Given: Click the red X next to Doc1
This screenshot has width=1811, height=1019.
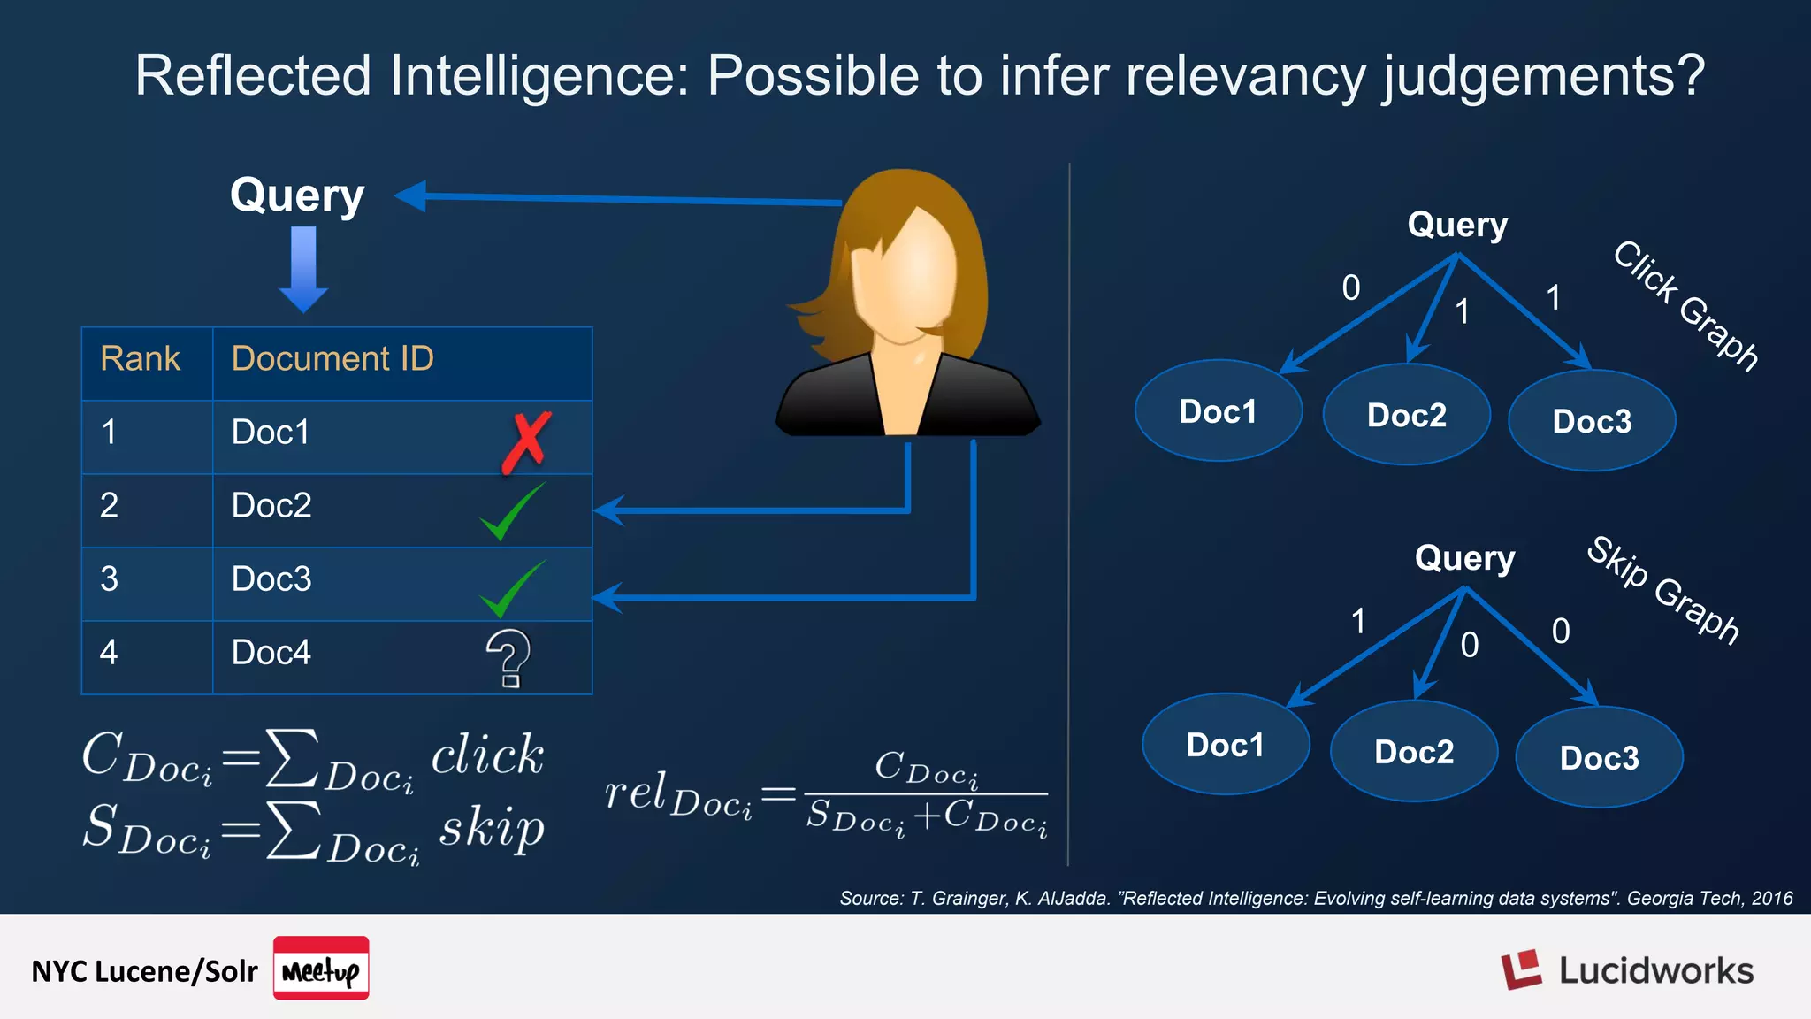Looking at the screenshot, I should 526,441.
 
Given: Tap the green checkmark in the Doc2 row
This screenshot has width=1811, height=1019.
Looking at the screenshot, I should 512,511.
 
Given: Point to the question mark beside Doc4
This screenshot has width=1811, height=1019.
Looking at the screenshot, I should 508,658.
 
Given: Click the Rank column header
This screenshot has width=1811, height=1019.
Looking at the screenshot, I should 140,359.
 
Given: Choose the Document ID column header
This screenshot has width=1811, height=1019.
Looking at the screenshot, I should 332,359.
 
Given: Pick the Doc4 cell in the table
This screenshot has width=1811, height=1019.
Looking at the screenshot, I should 271,653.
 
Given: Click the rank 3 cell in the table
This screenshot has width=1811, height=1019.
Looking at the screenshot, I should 109,579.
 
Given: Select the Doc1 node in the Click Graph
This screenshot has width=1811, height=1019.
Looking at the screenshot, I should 1218,411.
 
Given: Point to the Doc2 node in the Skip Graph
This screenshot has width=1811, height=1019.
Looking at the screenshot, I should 1413,752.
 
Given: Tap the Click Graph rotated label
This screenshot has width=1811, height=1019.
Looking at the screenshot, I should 1685,305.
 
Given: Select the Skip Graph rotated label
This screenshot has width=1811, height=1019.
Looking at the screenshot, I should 1663,590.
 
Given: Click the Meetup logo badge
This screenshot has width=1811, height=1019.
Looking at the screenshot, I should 321,969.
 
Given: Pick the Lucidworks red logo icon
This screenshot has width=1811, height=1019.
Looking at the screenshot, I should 1521,970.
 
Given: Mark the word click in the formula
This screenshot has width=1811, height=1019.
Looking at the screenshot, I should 487,755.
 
